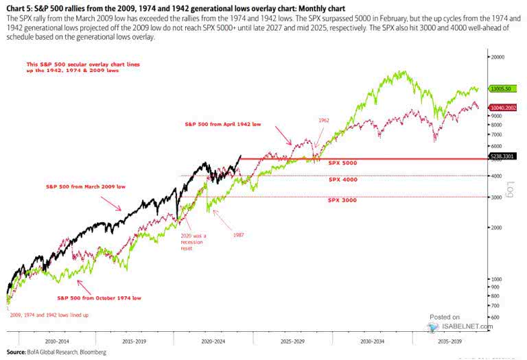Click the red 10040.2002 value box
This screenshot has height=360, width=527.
tap(506, 108)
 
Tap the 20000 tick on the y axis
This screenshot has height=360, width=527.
tap(497, 58)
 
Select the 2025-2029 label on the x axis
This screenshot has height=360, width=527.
tap(294, 340)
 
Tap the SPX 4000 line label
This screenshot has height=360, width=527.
tap(343, 180)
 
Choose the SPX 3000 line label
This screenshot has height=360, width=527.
tap(343, 201)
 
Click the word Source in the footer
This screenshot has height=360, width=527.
tap(14, 351)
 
